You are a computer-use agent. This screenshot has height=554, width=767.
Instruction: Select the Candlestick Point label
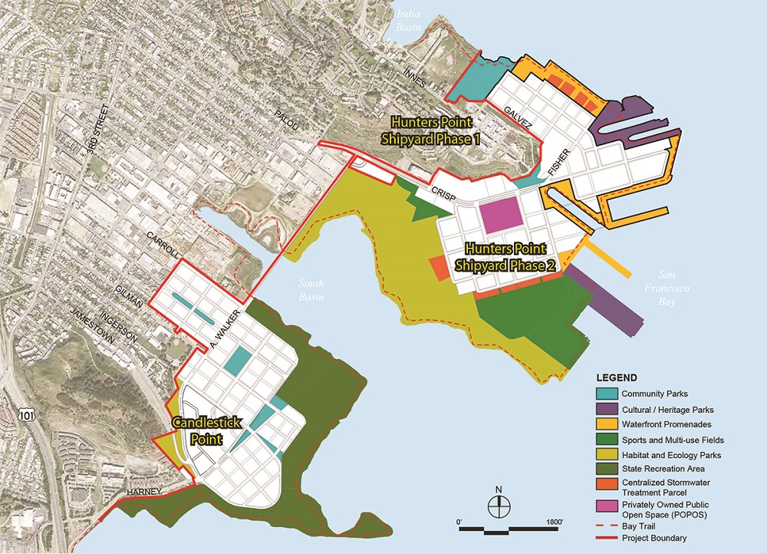pyautogui.click(x=197, y=431)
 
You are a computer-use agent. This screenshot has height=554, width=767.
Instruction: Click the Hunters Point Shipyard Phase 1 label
pyautogui.click(x=430, y=130)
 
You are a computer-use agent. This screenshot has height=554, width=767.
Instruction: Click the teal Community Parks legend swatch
pyautogui.click(x=607, y=394)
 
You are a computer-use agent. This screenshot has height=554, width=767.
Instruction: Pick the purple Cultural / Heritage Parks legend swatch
pyautogui.click(x=607, y=408)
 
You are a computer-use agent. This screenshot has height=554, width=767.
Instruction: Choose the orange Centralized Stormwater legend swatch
pyautogui.click(x=607, y=484)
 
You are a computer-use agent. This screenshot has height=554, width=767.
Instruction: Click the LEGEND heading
pyautogui.click(x=617, y=378)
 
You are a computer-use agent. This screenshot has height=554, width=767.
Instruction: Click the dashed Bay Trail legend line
pyautogui.click(x=607, y=524)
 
